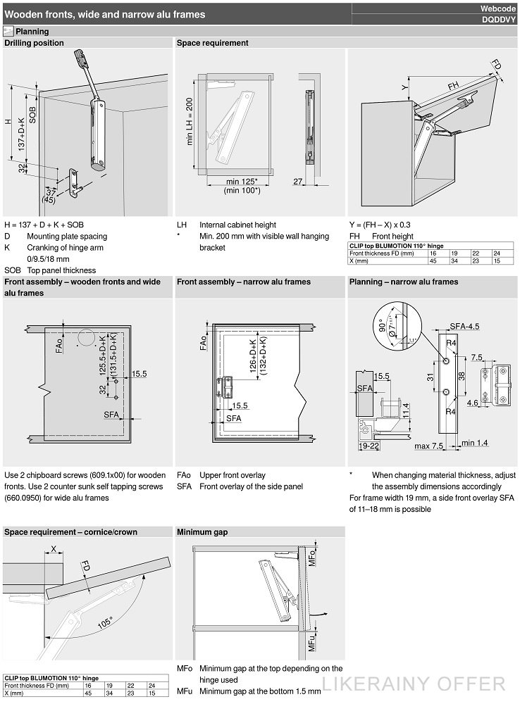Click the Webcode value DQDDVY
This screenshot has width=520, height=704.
point(498,20)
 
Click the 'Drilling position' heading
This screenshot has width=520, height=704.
point(34,43)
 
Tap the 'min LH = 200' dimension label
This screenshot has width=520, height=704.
point(190,121)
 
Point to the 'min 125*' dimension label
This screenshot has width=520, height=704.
point(242,182)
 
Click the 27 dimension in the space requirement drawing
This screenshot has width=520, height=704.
point(297,182)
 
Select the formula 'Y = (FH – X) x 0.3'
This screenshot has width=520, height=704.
point(380,225)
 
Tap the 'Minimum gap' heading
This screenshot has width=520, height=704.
point(202,532)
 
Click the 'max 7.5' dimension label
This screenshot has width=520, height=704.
point(428,446)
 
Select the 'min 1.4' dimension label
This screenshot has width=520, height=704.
point(475,443)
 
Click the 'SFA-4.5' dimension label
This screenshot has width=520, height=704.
point(464,327)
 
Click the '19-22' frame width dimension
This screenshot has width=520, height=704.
point(369,446)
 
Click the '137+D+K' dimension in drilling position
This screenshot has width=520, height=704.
point(21,133)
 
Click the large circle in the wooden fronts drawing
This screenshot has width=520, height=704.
point(86,337)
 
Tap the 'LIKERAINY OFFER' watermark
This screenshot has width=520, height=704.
point(414,684)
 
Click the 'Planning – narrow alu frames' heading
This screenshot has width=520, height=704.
point(404,282)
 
